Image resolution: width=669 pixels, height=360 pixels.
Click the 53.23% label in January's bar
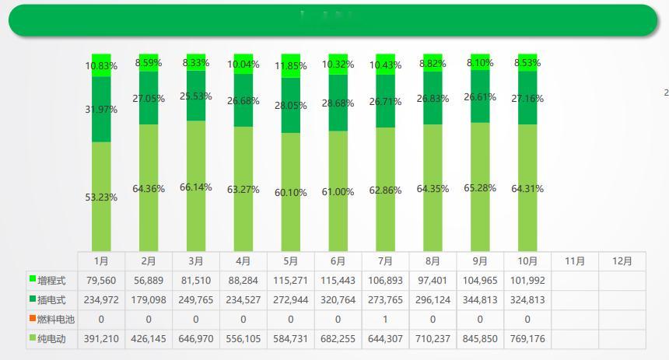pos(102,197)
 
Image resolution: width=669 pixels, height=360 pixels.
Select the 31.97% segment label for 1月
pos(102,110)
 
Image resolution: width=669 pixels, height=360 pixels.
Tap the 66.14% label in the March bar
pos(196,187)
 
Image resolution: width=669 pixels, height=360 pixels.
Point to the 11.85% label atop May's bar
pos(291,66)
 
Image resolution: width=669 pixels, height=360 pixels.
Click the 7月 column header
pos(385,261)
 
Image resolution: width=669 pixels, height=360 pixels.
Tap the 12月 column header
pos(622,261)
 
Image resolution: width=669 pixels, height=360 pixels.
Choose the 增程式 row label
pos(52,279)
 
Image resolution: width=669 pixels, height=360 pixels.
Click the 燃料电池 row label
pos(57,320)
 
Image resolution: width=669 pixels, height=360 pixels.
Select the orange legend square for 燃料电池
pos(33,319)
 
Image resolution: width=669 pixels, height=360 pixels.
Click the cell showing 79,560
pos(101,279)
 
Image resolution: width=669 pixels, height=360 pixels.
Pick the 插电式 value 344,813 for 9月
pos(480,299)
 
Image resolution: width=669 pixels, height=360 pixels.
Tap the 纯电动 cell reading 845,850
pos(480,339)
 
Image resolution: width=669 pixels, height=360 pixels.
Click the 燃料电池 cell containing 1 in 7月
pos(385,320)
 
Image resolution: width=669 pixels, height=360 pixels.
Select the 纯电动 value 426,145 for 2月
pos(149,339)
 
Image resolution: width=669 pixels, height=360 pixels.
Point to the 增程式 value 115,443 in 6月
pos(338,279)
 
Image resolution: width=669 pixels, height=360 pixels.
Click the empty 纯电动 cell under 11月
pos(575,339)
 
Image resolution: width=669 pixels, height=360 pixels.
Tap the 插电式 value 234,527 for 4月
pos(243,299)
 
